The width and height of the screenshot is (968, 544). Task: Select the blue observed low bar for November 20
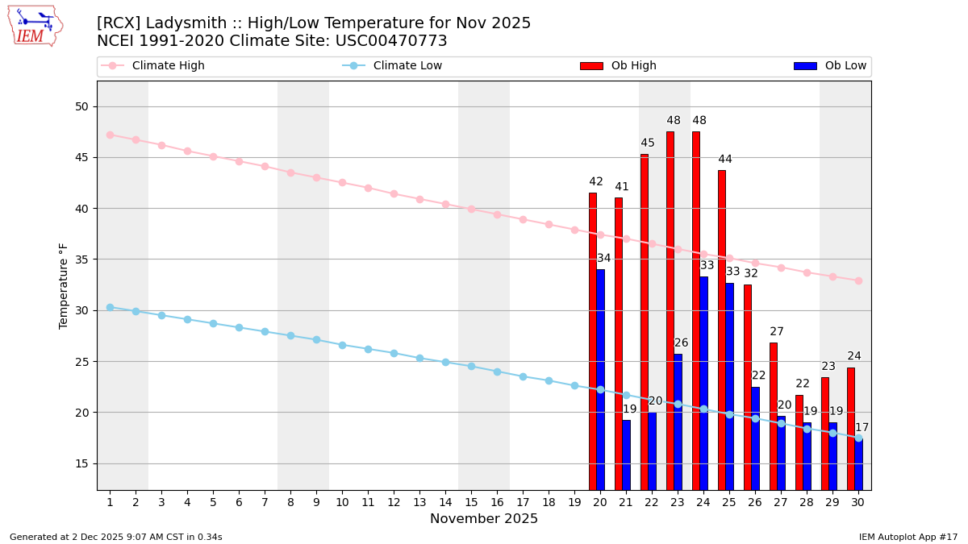point(600,379)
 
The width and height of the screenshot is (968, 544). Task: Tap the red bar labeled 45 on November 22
point(645,322)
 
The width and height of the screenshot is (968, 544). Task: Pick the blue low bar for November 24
point(703,383)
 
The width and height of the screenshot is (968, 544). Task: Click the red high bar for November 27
point(774,415)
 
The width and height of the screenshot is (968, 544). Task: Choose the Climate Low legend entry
point(393,66)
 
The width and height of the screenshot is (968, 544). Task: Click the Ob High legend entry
point(619,66)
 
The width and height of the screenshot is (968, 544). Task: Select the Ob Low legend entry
point(830,66)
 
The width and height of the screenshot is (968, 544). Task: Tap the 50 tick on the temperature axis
point(83,106)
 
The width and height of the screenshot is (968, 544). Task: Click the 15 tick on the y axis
point(83,463)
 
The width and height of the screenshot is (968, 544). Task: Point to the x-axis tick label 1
point(110,502)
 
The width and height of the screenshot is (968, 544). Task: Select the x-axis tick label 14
point(445,502)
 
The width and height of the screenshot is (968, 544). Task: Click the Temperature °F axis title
point(64,285)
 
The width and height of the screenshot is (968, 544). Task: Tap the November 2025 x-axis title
point(484,519)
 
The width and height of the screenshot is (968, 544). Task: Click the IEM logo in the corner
point(35,26)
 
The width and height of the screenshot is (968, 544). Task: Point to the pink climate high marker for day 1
point(110,135)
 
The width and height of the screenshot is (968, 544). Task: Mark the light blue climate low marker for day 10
point(342,345)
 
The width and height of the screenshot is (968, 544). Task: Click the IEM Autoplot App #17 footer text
point(908,537)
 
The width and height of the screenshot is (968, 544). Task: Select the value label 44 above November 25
point(725,160)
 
